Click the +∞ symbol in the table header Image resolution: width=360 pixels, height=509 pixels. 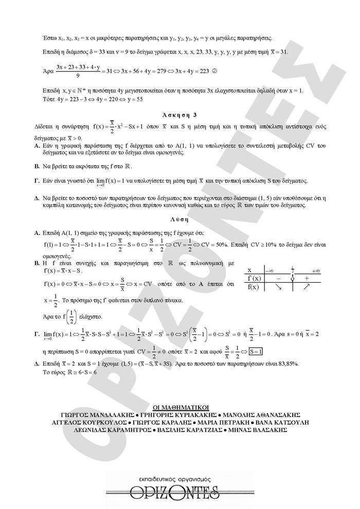(315, 270)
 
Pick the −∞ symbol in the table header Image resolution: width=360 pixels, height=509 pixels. (269, 270)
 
